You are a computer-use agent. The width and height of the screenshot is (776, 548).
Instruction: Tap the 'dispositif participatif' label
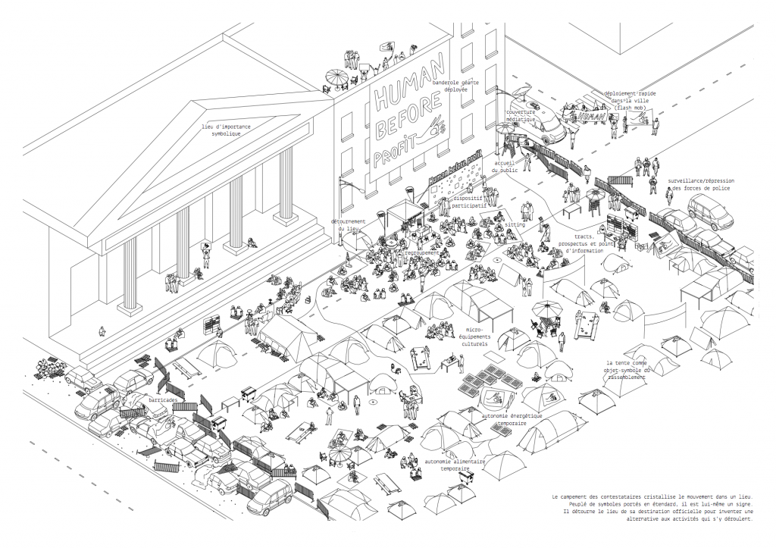click(470, 199)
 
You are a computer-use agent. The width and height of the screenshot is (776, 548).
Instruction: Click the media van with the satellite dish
click(538, 121)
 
